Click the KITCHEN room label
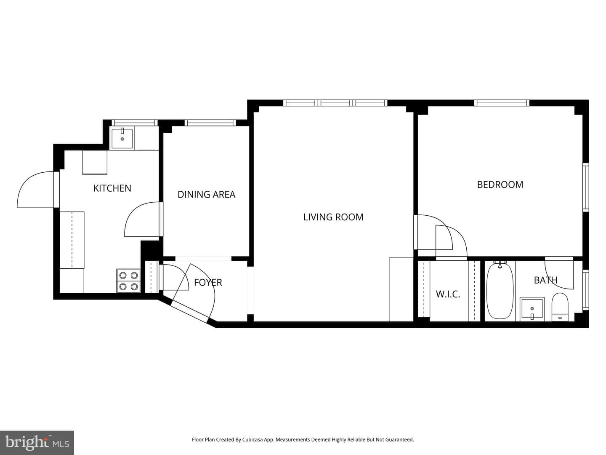coord(112,188)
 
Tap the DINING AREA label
coord(206,195)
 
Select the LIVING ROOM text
coord(333,217)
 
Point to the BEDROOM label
coord(500,185)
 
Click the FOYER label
coord(208,282)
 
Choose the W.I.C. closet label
coord(448,294)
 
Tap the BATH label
coord(545,280)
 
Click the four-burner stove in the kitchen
coord(128,281)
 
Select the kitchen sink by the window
coord(122,138)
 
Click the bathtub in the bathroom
coord(500,291)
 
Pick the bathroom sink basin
coord(532,309)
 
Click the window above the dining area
coord(210,123)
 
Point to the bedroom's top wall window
coord(502,103)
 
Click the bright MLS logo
coord(37,442)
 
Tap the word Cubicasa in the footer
coord(252,439)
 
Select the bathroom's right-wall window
coord(585,290)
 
